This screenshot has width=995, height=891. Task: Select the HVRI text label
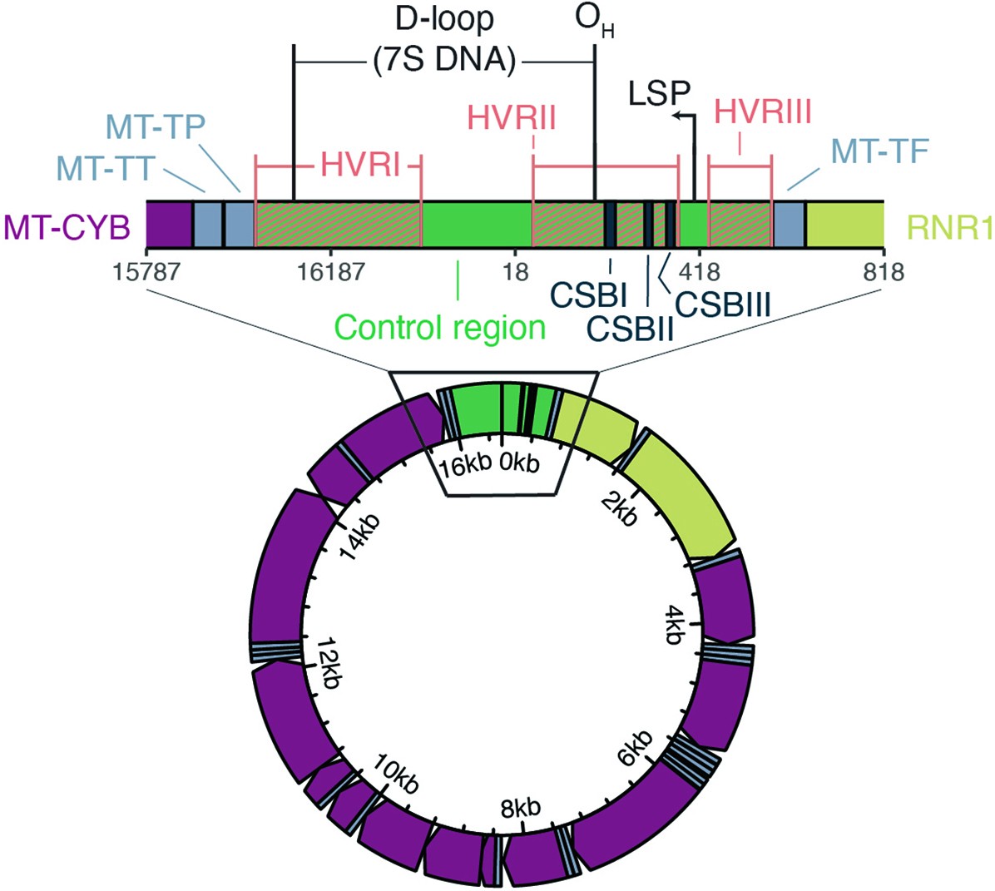(360, 166)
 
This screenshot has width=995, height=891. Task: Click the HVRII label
(512, 117)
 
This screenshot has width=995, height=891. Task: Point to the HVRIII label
(763, 111)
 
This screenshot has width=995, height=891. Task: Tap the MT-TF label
(879, 151)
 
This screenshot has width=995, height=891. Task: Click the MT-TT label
(105, 170)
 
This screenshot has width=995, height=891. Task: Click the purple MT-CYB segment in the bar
(169, 224)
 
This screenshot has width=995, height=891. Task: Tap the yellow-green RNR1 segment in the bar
(844, 224)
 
